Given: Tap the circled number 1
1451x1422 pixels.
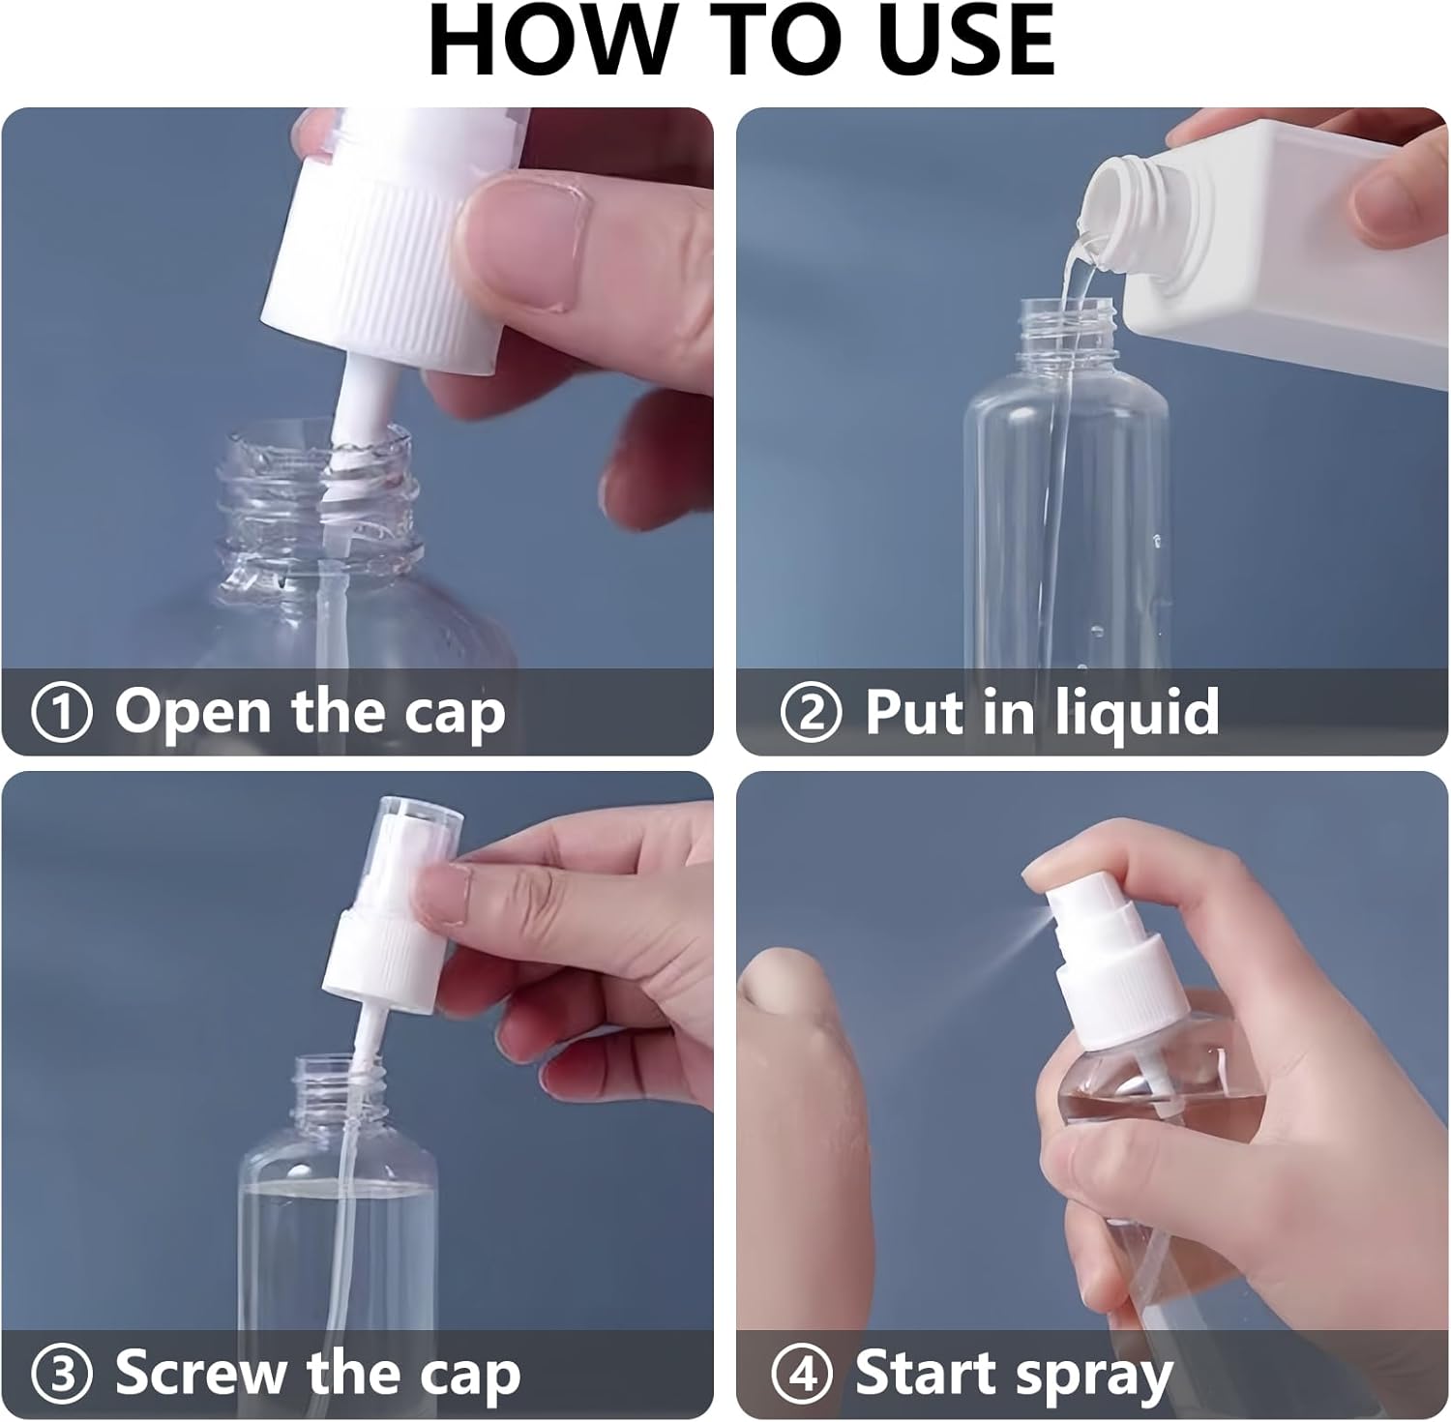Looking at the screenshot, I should point(62,713).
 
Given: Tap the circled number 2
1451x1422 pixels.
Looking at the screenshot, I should point(812,713).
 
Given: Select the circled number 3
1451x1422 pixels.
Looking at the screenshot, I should point(62,1375).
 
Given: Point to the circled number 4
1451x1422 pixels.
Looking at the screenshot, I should point(802,1375).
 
